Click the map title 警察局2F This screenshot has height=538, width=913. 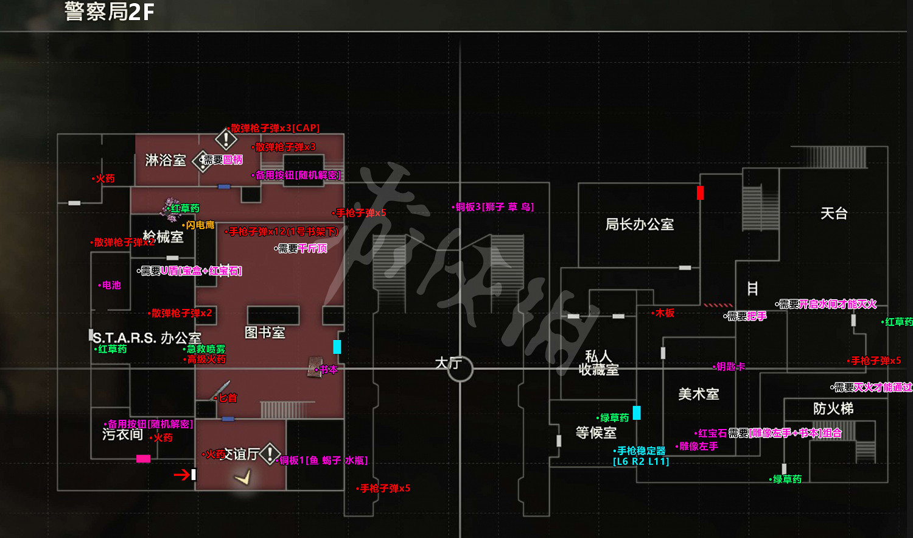(x=110, y=12)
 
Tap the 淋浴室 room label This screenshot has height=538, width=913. (x=166, y=160)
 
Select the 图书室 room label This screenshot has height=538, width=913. (x=265, y=333)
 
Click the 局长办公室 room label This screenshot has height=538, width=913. (x=639, y=225)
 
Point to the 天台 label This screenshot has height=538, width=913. (x=833, y=214)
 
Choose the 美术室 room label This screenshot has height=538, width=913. (x=699, y=395)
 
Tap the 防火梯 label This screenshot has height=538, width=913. (x=833, y=409)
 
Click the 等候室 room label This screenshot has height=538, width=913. (x=596, y=433)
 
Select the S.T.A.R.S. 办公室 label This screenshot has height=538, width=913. (x=147, y=338)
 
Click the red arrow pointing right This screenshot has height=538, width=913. (x=181, y=475)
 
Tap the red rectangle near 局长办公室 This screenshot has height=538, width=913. (x=700, y=193)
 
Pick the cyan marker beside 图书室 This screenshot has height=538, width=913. (x=337, y=347)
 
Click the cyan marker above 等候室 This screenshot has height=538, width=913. (x=637, y=412)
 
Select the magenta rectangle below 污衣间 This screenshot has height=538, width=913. (x=143, y=459)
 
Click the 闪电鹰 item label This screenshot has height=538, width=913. (x=200, y=225)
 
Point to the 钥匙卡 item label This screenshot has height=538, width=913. (x=730, y=367)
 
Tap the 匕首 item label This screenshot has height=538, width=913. (x=228, y=398)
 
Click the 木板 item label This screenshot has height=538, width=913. (x=665, y=313)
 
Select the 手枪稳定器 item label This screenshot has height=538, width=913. (x=641, y=451)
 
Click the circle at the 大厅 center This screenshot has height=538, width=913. (x=460, y=369)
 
